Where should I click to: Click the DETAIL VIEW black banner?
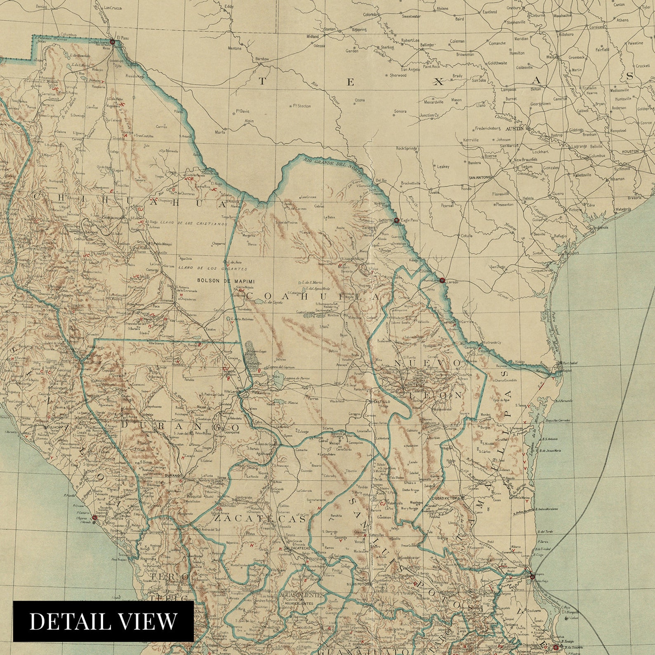[x=103, y=621]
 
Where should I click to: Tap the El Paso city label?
[x=123, y=38]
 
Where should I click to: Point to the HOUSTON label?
[x=629, y=151]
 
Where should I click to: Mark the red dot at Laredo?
[x=442, y=280]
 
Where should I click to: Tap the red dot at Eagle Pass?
[x=396, y=221]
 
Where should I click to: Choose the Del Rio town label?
[x=381, y=180]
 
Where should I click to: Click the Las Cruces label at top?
[x=112, y=7]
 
